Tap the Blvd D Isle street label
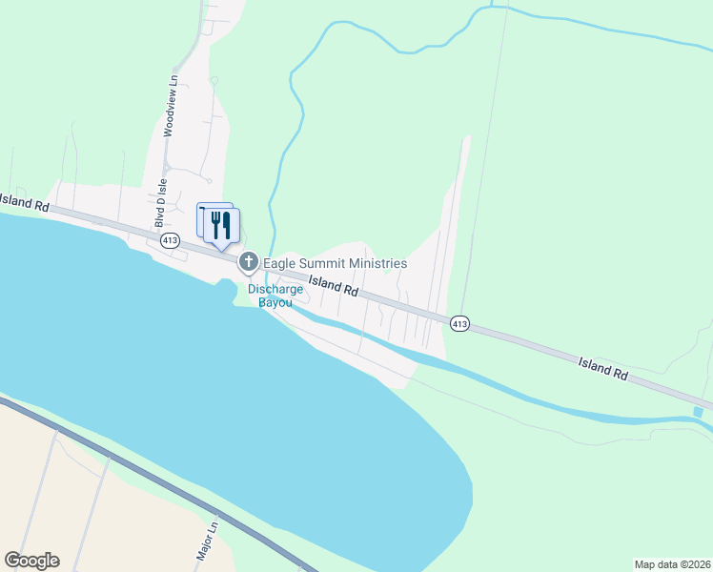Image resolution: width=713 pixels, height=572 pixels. (x=160, y=203)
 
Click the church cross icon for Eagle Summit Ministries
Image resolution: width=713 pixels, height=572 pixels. (x=249, y=261)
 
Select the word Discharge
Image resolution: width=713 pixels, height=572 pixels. (x=275, y=289)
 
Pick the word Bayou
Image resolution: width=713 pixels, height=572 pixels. (x=275, y=302)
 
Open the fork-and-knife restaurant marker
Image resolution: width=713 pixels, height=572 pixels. (x=221, y=226)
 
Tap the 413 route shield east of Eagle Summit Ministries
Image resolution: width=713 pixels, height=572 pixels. (x=459, y=324)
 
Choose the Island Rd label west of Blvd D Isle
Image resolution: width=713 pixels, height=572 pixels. (x=23, y=201)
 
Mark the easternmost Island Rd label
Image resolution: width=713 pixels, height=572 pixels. (x=603, y=369)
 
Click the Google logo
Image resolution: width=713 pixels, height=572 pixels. (x=31, y=561)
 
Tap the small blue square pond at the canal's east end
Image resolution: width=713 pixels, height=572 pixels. (x=699, y=412)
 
